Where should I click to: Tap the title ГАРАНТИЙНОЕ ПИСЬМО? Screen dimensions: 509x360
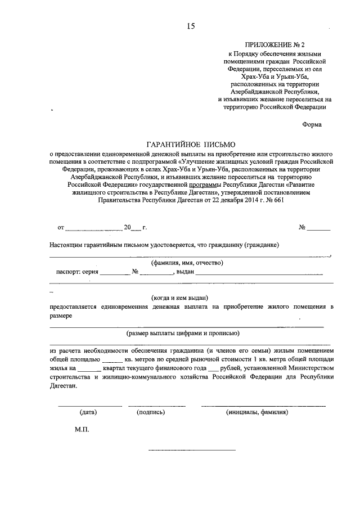click(x=190, y=145)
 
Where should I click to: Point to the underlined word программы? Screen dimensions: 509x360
click(x=206, y=183)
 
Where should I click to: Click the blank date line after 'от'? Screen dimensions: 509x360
click(x=93, y=228)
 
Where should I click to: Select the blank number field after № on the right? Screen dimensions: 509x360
click(x=318, y=228)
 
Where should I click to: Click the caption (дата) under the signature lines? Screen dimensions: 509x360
click(x=88, y=412)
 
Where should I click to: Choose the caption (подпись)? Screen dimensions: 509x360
click(x=151, y=412)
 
